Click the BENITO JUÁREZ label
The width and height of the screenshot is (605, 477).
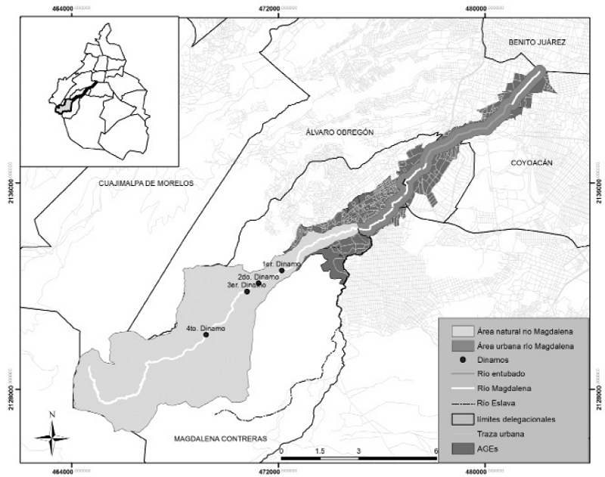click(537, 43)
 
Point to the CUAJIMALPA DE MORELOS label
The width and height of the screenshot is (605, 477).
click(146, 184)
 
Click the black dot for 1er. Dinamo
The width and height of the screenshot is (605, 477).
click(281, 270)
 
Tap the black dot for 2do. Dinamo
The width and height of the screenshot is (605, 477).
click(259, 283)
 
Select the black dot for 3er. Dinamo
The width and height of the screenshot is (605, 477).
click(247, 292)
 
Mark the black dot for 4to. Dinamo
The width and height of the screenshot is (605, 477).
click(206, 335)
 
